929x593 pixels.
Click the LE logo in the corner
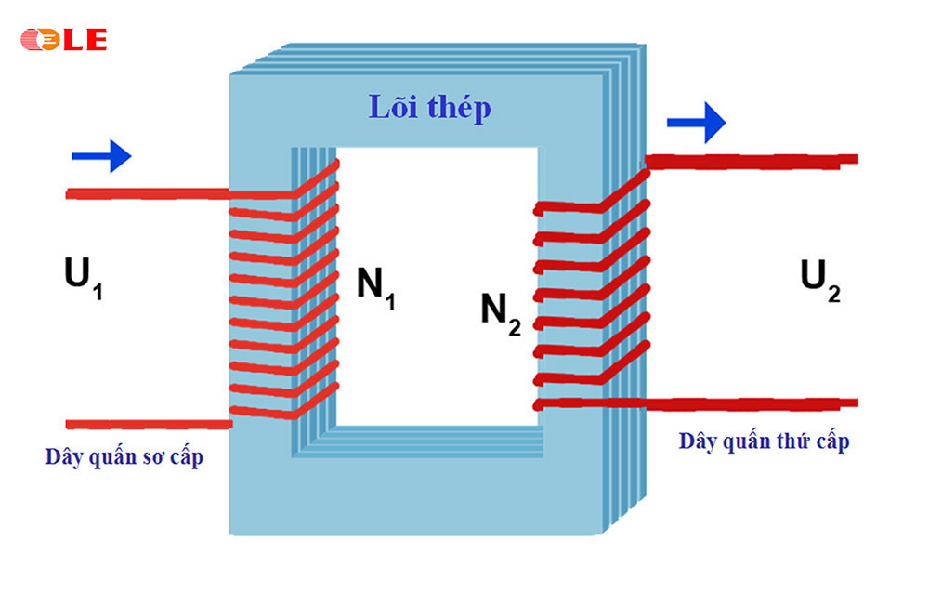[63, 40]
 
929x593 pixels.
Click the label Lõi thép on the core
[429, 108]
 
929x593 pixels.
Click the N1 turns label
[376, 286]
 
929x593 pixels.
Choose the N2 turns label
[500, 311]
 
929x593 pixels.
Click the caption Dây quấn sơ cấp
[124, 457]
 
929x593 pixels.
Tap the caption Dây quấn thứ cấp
[764, 441]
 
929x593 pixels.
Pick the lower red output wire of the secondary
[752, 403]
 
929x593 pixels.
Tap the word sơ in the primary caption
[149, 457]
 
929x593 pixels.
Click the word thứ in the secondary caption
[792, 441]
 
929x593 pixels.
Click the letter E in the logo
[96, 40]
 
